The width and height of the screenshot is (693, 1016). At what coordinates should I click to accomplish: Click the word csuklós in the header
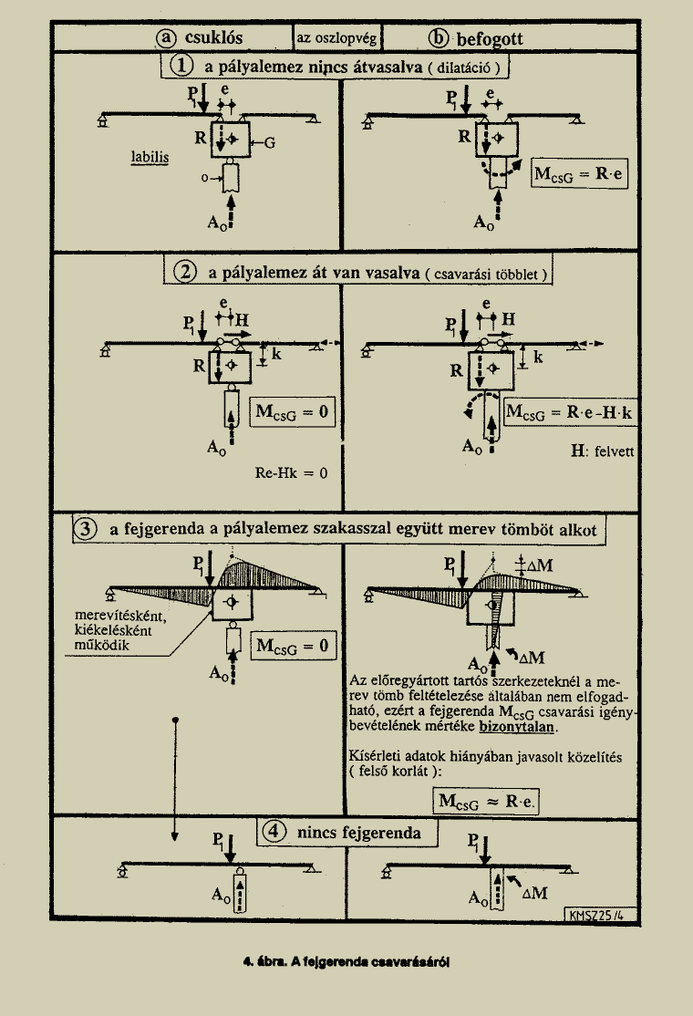point(213,37)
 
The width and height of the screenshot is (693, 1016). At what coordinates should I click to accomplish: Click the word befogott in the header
point(489,39)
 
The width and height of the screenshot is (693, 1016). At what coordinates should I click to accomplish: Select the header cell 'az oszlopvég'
point(336,38)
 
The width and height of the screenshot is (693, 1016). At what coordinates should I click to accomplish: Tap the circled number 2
point(185,272)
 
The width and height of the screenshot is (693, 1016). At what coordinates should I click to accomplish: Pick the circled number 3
point(85,529)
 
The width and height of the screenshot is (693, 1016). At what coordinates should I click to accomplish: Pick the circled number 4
point(274,832)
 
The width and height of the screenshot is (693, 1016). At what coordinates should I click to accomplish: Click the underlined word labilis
point(150,158)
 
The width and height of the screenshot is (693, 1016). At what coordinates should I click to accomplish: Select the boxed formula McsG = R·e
point(580,173)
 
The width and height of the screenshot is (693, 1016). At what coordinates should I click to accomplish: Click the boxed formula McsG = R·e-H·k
point(569,411)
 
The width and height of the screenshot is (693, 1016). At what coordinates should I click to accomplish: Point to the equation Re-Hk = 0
point(291,473)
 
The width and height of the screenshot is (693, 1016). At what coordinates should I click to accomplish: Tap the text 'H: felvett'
point(603,451)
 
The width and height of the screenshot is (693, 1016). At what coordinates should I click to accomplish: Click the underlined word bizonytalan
point(518,726)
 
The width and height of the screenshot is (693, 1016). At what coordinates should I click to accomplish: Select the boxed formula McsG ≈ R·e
point(486,801)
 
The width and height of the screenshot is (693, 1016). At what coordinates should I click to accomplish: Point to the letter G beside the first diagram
point(269,143)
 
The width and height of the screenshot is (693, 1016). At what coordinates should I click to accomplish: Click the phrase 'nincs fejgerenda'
point(358,833)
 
